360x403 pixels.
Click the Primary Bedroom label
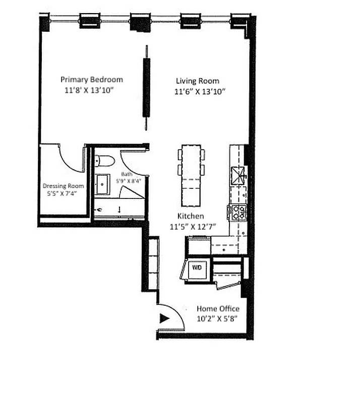pos(91,80)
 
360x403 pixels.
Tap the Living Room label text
pos(197,81)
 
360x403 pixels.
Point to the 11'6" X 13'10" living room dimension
pos(200,92)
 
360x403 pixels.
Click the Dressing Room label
pos(63,186)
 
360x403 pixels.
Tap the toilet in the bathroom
pos(105,161)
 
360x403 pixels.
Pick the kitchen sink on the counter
pos(237,175)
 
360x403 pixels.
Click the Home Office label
pos(218,309)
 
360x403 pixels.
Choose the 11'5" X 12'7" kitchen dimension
pos(193,227)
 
